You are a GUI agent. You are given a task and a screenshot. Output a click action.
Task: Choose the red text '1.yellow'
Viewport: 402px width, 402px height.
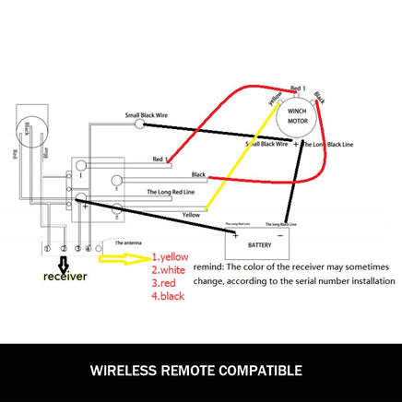coord(175,256)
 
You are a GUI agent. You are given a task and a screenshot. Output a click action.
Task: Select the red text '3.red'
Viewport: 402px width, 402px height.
coord(166,284)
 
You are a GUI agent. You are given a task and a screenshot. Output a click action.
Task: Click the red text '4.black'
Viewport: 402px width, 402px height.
coord(171,298)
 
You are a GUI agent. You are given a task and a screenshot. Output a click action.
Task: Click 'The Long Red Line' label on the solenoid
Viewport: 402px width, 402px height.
coord(172,193)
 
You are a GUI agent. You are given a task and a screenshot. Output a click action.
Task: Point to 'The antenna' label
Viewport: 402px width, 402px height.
coord(130,239)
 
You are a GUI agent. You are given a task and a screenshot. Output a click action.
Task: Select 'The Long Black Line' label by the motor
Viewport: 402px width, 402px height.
coord(328,145)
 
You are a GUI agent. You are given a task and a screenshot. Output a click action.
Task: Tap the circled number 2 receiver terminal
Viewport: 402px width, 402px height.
coord(63,248)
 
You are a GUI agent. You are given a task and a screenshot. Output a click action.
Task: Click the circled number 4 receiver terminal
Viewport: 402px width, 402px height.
coord(89,248)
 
